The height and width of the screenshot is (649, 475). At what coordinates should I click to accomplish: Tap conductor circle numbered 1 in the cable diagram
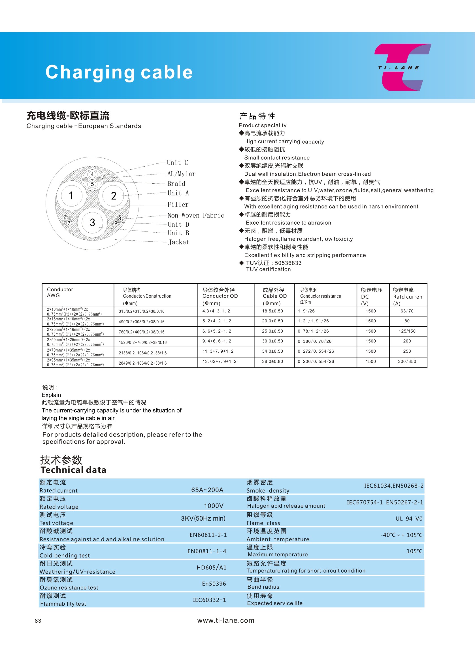pos(71,195)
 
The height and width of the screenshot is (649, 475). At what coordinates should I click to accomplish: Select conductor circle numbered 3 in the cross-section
pos(92,222)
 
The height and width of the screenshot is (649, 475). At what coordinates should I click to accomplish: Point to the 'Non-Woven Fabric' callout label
pos(195,215)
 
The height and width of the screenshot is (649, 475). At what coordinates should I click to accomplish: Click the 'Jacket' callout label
pos(179,242)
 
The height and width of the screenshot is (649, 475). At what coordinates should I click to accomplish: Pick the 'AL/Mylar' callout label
pos(181,174)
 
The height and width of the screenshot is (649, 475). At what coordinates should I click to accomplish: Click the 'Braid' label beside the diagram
pos(176,184)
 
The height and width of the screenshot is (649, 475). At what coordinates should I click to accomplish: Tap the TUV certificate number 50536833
pos(288,263)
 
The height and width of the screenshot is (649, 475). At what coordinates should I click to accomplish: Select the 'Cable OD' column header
pos(274,296)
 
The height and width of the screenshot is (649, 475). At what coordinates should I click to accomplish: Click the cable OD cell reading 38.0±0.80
pos(272,361)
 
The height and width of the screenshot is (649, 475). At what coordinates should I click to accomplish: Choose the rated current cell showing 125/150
pos(407,331)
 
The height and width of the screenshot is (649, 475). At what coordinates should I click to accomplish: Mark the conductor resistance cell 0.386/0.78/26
pos(315,341)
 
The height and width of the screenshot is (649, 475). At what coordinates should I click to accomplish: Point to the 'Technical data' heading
pos(73,470)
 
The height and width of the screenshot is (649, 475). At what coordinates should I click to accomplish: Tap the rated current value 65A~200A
pos(207,490)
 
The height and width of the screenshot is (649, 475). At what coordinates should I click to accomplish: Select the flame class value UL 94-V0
pos(409,519)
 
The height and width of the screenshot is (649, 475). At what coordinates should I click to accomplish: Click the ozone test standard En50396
pos(214,584)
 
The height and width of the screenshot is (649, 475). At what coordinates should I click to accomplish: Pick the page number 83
pos(38,621)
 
